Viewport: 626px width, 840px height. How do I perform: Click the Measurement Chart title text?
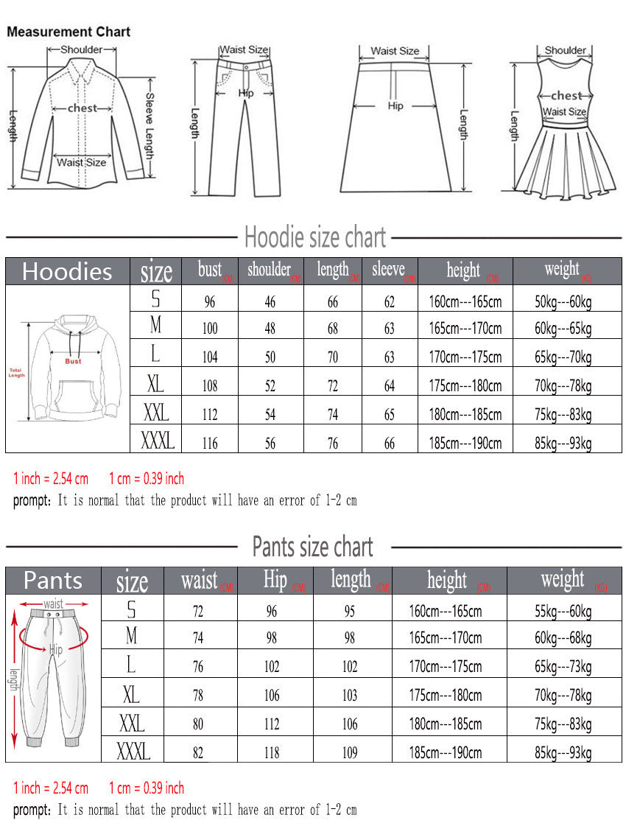tap(68, 32)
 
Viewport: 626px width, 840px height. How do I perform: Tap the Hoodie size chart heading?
tap(315, 238)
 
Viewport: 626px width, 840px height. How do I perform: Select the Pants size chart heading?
tap(313, 547)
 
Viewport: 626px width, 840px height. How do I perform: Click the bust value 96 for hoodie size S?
tap(210, 301)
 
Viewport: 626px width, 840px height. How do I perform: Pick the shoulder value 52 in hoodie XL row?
tap(270, 386)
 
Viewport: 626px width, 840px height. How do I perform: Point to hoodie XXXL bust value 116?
tap(210, 444)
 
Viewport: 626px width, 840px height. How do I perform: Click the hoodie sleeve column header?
tap(388, 270)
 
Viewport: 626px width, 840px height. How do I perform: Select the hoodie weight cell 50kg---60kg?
tap(563, 301)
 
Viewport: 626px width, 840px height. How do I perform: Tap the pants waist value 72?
tap(198, 611)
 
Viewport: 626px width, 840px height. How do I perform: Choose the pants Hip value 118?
tap(272, 753)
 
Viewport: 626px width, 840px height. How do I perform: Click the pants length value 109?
tap(350, 753)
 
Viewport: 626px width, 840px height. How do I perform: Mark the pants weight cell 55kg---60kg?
tap(563, 611)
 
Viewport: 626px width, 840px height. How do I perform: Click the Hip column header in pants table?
tap(275, 580)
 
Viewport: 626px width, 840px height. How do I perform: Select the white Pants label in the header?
tap(53, 581)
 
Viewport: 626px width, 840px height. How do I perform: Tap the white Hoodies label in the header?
tap(67, 271)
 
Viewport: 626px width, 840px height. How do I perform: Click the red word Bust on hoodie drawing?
tap(73, 361)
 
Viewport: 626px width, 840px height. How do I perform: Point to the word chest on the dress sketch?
tap(566, 95)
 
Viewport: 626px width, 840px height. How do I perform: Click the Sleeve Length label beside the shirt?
tap(149, 125)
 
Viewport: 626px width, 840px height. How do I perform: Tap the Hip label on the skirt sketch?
tap(395, 106)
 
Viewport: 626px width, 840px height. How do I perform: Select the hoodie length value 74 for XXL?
tap(333, 415)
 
